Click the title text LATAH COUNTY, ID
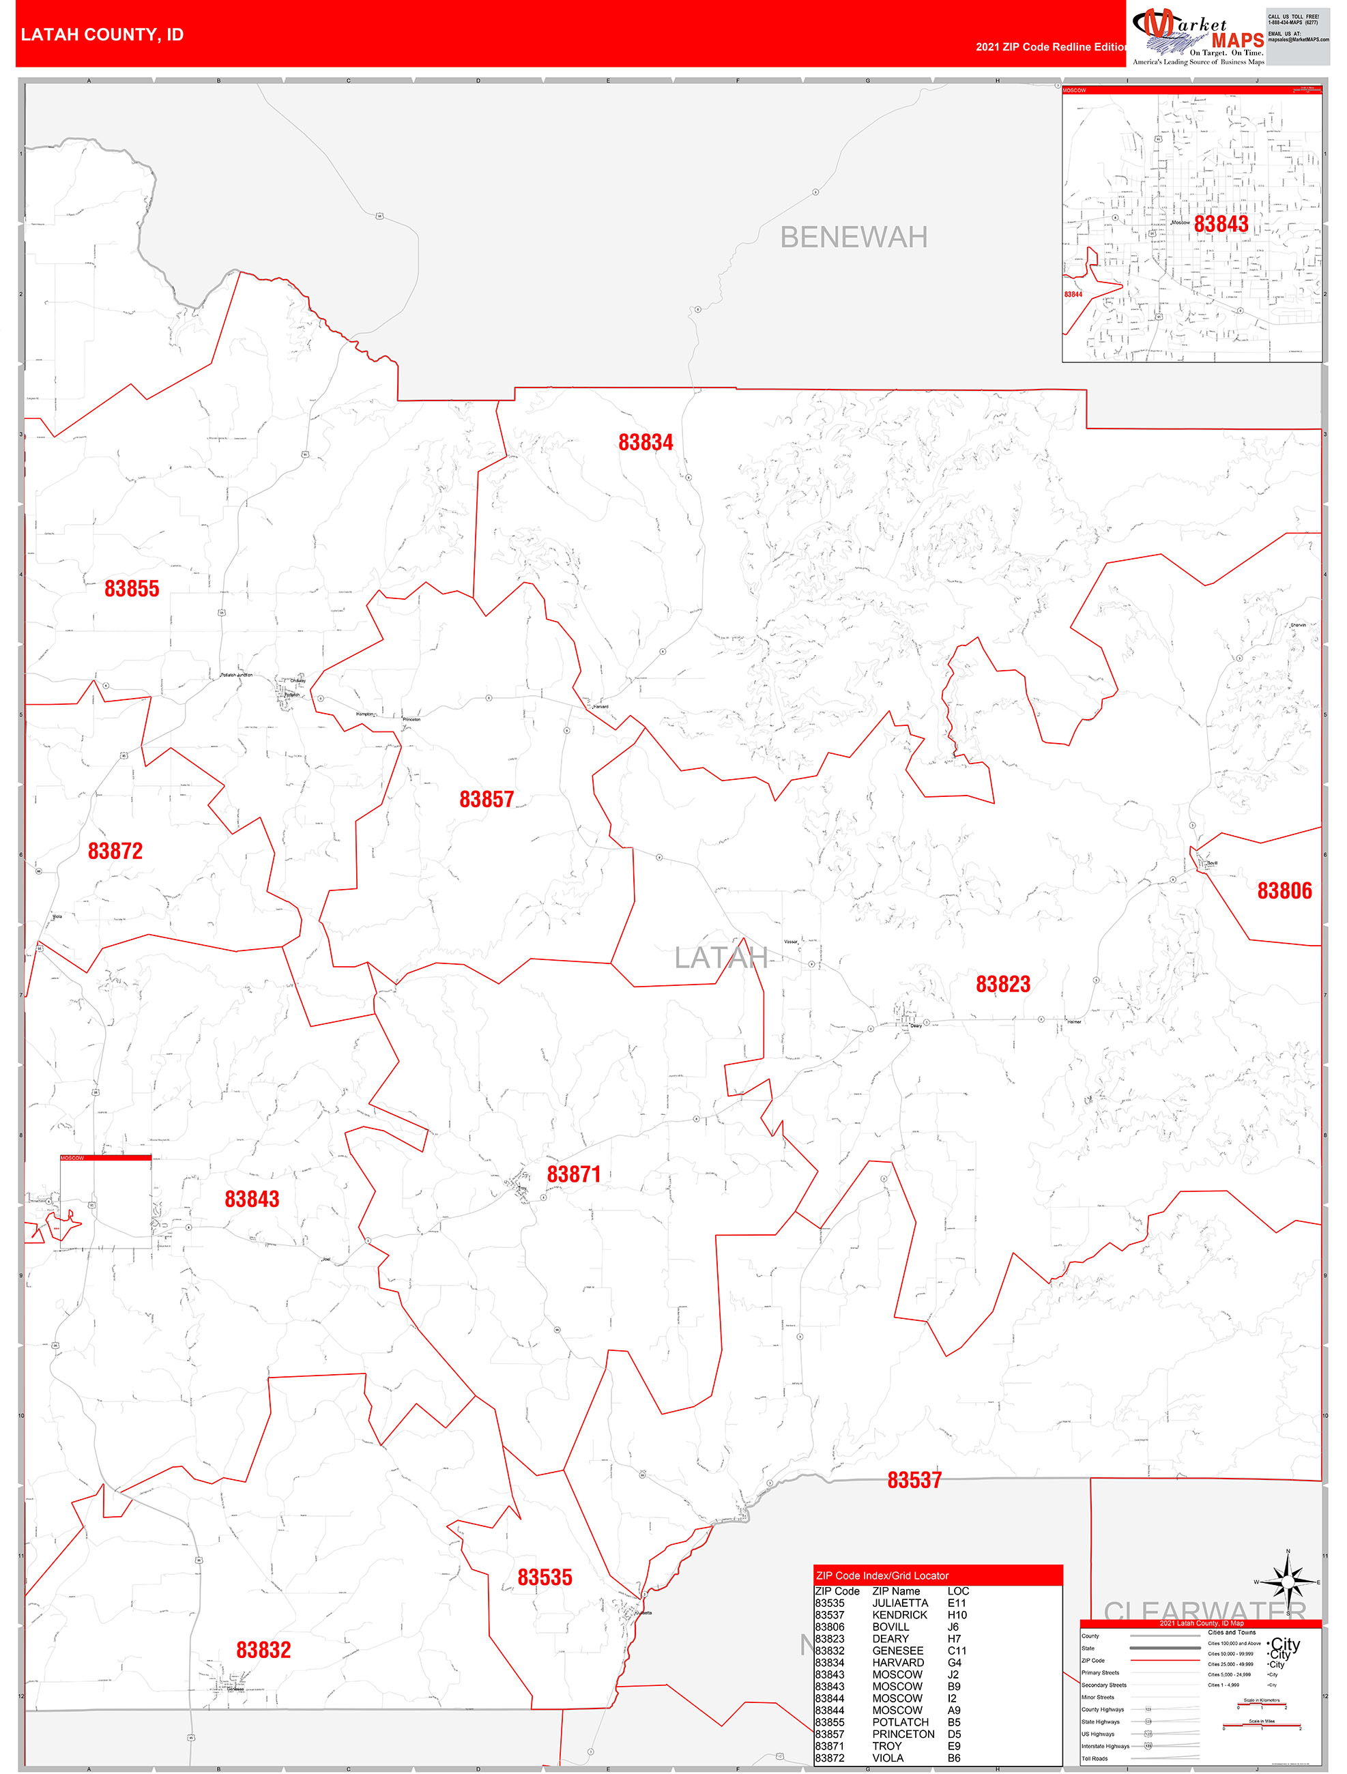click(x=102, y=35)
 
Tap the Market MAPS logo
click(x=1198, y=37)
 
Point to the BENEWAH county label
click(x=854, y=237)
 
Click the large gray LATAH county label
click(x=721, y=957)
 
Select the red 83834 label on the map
click(x=645, y=442)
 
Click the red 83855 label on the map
click(x=132, y=589)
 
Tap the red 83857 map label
click(x=486, y=799)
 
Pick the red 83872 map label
click(x=115, y=851)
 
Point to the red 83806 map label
click(x=1284, y=890)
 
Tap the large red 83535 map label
click(x=544, y=1577)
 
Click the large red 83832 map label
click(x=263, y=1650)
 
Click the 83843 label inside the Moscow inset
click(x=1220, y=224)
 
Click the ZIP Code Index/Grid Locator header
click(x=882, y=1575)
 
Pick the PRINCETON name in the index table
click(x=903, y=1734)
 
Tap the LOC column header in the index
click(x=958, y=1590)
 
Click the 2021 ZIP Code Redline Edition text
click(x=1050, y=46)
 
